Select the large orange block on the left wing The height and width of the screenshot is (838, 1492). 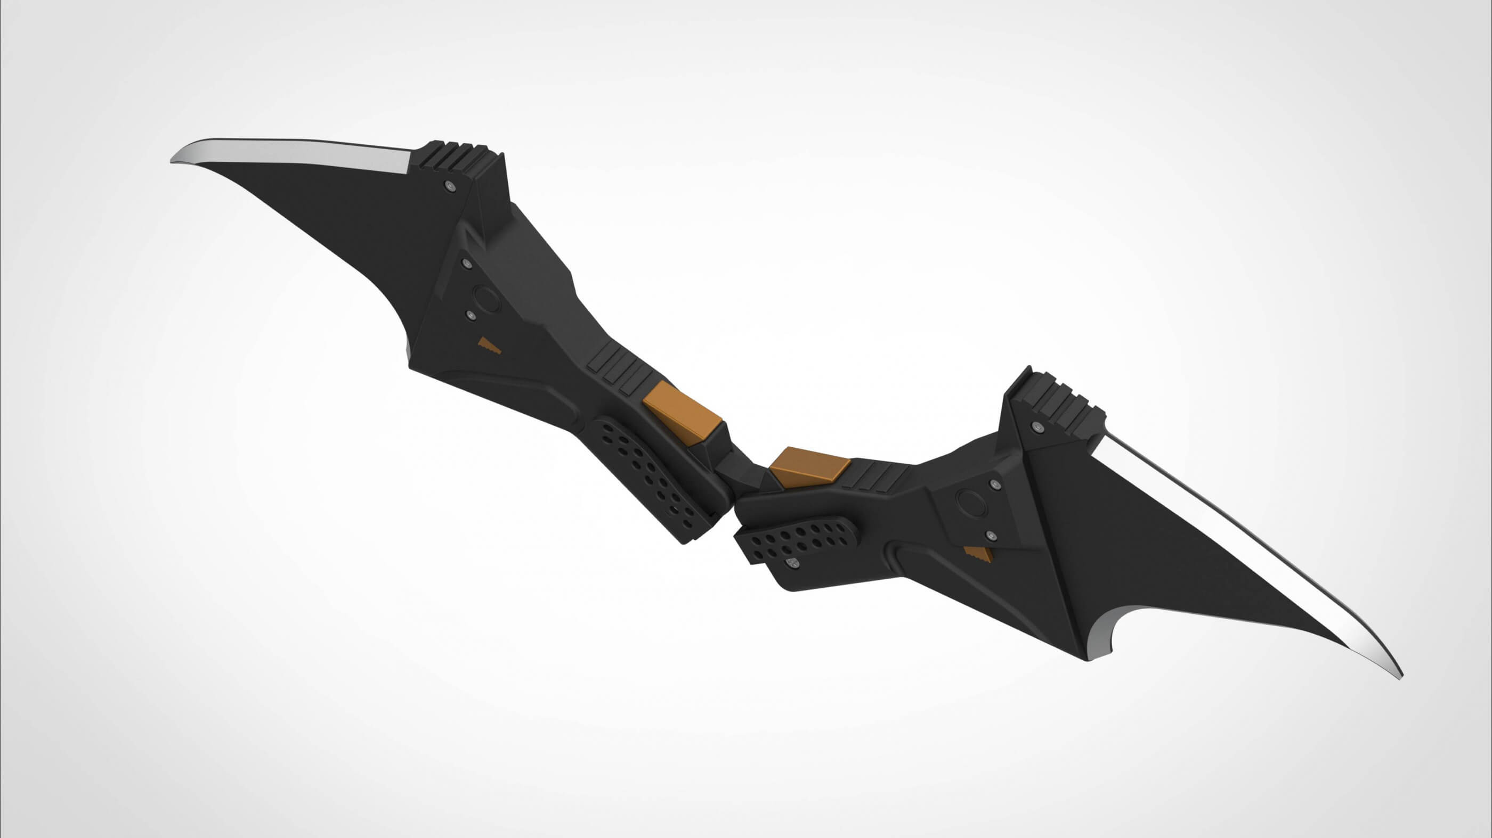pyautogui.click(x=682, y=413)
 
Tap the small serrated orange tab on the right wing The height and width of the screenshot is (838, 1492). pyautogui.click(x=979, y=554)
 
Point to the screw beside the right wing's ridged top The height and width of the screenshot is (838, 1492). pyautogui.click(x=1037, y=426)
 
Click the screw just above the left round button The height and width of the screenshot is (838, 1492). pyautogui.click(x=467, y=264)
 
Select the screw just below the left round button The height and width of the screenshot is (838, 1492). pyautogui.click(x=471, y=315)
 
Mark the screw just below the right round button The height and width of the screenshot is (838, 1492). pyautogui.click(x=991, y=535)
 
